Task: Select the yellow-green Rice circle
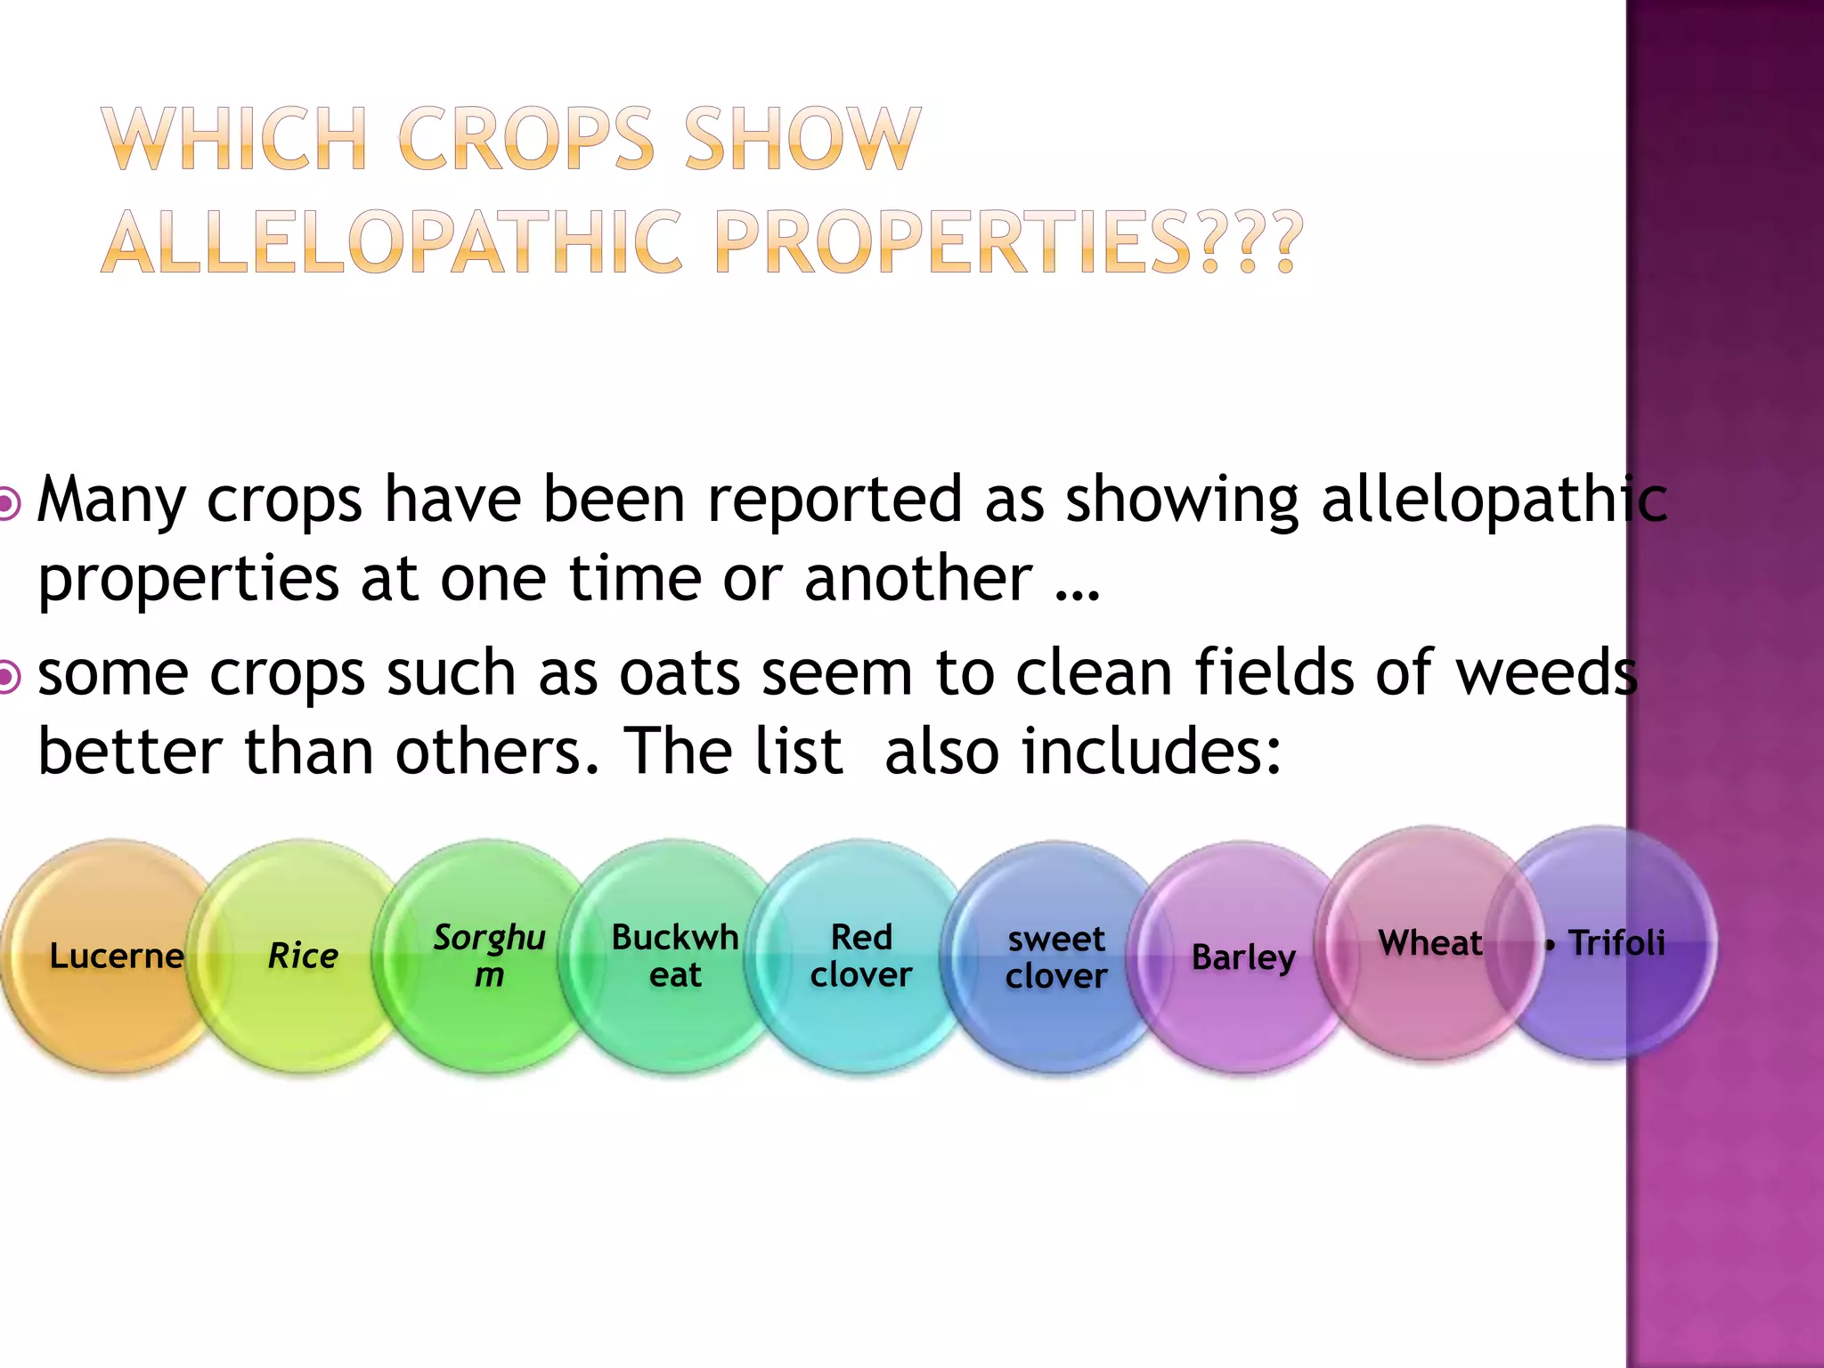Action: tap(303, 957)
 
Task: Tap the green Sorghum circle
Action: tap(489, 957)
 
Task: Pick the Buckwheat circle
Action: tap(675, 957)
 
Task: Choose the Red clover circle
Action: tap(860, 957)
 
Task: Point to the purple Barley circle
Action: tap(1243, 958)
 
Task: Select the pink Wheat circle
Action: tap(1430, 943)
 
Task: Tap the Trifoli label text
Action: tap(1616, 943)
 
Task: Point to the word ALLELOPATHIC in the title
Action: tap(393, 242)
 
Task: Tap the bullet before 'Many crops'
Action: tap(8, 504)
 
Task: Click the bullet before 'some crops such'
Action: tap(8, 678)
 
